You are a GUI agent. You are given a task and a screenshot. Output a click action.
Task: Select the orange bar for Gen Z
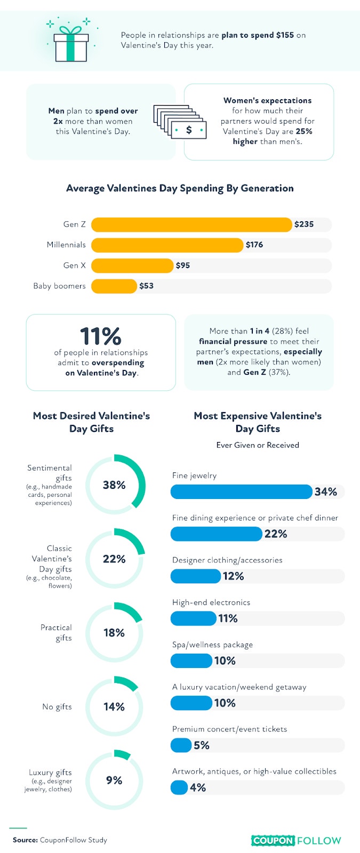(191, 224)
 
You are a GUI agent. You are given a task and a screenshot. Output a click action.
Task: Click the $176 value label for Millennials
(254, 245)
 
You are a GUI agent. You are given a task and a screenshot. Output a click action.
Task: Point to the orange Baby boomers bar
(114, 286)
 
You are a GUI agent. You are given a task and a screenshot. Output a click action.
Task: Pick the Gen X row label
(74, 265)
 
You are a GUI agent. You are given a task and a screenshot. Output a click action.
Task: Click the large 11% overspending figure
(101, 336)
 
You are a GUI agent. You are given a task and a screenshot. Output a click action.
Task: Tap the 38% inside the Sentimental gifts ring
(114, 485)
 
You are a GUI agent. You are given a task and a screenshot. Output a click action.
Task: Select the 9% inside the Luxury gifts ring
(114, 780)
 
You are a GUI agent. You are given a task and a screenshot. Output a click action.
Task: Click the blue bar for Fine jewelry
(242, 492)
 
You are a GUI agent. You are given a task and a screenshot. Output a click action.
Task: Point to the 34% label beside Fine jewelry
(326, 492)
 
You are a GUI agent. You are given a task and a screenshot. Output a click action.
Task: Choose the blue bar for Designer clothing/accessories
(196, 576)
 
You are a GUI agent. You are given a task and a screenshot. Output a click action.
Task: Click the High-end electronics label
(211, 602)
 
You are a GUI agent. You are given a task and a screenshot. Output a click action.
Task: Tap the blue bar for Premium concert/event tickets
(181, 745)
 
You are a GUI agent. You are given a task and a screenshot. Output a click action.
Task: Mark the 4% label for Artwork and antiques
(198, 787)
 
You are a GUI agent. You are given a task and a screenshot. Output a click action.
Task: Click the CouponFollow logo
(296, 840)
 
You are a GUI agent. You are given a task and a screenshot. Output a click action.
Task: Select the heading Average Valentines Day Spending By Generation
(180, 188)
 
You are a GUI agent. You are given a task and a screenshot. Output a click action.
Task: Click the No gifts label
(57, 707)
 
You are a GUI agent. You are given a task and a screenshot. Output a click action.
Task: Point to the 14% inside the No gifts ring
(114, 707)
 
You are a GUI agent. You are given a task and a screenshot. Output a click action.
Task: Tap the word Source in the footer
(25, 840)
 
